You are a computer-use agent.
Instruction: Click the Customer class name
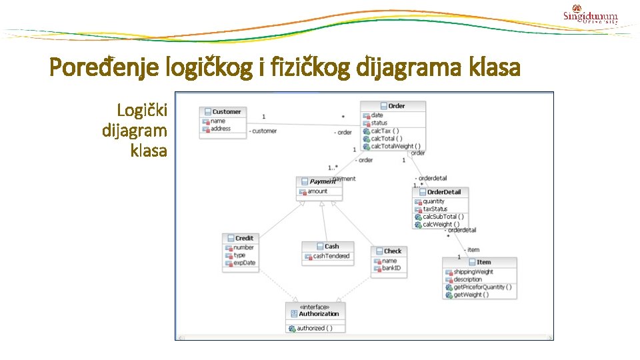[227, 112]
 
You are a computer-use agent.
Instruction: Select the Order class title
[397, 106]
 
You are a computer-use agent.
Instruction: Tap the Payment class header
[323, 181]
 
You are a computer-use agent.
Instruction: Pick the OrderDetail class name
[443, 192]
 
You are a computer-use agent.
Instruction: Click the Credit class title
[244, 238]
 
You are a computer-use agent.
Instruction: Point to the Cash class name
[331, 246]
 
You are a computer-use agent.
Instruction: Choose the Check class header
[393, 251]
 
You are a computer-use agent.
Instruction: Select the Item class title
[483, 263]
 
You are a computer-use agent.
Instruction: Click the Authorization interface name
[319, 314]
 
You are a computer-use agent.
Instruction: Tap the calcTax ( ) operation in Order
[385, 131]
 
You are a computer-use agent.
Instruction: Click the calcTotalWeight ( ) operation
[395, 146]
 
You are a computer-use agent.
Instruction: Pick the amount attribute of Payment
[317, 191]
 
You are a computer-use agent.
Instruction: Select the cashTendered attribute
[331, 256]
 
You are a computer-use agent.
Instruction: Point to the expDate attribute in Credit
[244, 263]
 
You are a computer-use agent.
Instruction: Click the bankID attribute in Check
[391, 268]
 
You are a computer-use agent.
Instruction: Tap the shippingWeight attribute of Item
[473, 272]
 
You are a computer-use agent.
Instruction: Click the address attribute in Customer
[221, 129]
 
